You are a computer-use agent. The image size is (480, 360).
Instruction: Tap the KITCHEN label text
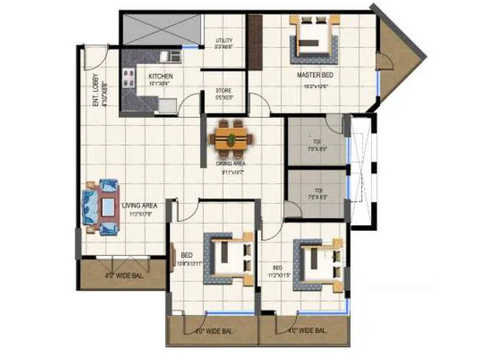point(161,76)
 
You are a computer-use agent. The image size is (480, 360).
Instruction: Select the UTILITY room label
point(224,41)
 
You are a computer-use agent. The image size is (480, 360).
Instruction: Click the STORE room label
point(223,91)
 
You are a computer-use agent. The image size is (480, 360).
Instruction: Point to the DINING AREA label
point(231,163)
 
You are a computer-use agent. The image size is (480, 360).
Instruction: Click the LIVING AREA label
point(139,205)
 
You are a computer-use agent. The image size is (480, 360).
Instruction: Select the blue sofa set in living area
point(100,207)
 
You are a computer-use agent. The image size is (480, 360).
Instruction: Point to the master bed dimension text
point(316,86)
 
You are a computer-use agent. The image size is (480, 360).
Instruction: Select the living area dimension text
point(139,214)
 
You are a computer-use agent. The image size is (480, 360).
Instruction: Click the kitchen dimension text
point(160,85)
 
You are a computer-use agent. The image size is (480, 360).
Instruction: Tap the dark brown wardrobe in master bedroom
point(255,42)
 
